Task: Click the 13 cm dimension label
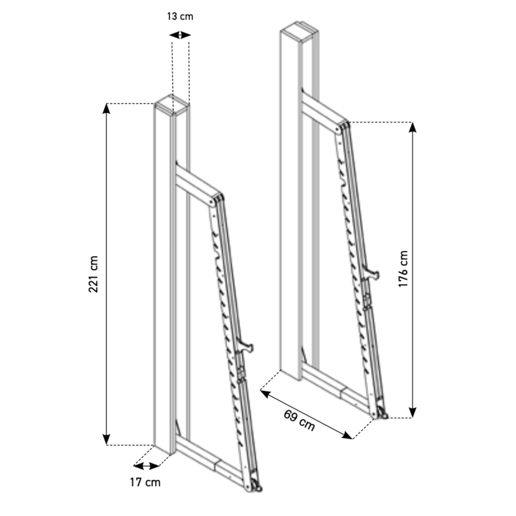[180, 16]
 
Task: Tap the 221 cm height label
[93, 274]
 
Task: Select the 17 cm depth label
[145, 482]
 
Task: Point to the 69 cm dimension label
[299, 420]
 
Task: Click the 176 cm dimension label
[403, 269]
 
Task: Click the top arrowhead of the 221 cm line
[106, 109]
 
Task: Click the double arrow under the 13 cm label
[180, 35]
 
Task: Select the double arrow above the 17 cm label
[146, 465]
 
